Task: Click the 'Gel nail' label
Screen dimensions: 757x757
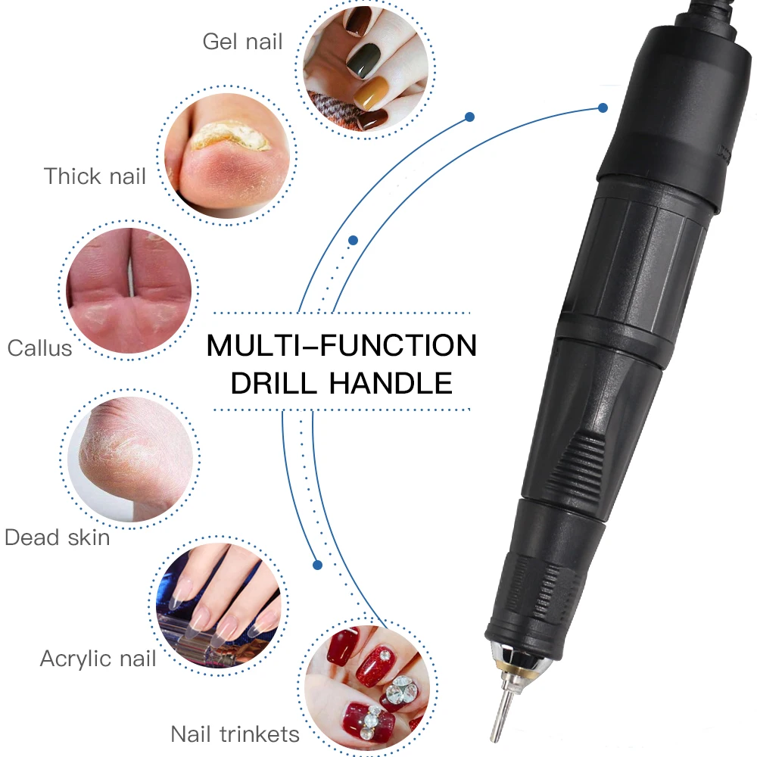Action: (242, 41)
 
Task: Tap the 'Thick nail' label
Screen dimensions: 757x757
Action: (95, 176)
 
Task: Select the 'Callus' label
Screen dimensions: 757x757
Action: (40, 348)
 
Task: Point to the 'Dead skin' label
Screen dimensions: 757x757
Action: (58, 537)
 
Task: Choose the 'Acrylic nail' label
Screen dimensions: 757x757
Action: (98, 658)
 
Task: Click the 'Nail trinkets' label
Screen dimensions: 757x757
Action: (235, 734)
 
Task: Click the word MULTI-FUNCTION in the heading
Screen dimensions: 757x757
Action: (341, 347)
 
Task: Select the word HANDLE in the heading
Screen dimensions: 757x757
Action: (391, 383)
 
